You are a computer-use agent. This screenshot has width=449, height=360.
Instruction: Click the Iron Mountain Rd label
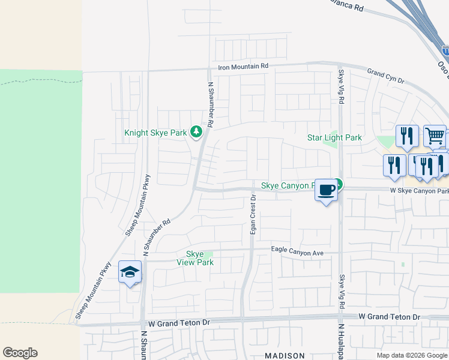tap(243, 67)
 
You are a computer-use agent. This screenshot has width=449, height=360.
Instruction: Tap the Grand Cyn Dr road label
tap(386, 76)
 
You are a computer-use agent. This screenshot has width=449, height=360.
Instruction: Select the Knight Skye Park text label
tap(155, 133)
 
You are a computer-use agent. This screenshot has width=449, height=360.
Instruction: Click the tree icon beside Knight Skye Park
tap(196, 131)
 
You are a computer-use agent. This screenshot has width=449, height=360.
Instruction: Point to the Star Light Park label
tap(334, 137)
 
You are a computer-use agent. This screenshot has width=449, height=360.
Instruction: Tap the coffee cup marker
tap(326, 190)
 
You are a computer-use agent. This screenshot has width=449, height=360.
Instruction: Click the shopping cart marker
tap(435, 136)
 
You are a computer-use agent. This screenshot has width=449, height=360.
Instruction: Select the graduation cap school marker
tap(130, 272)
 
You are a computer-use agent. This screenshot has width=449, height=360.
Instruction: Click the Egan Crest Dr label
tap(253, 214)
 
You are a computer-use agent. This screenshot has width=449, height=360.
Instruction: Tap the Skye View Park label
tap(195, 258)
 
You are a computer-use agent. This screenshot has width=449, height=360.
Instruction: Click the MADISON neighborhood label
tap(285, 356)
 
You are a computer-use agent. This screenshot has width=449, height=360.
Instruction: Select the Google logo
tap(20, 353)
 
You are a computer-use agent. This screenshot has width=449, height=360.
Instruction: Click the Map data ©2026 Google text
tap(412, 355)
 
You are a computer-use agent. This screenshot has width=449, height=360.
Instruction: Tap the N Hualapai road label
tap(340, 343)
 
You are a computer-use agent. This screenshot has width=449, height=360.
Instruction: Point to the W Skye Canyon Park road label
tap(419, 191)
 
